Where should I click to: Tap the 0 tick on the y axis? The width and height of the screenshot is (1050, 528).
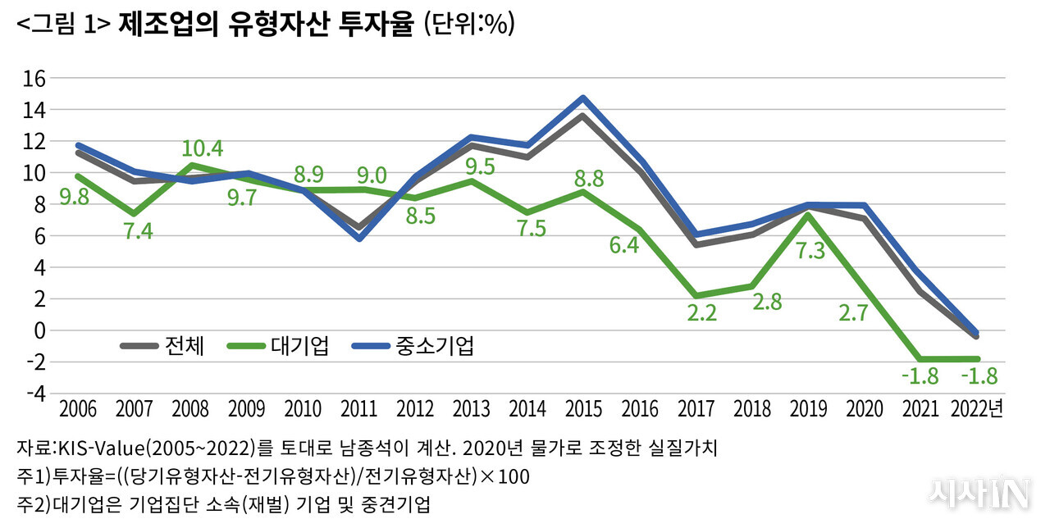37,330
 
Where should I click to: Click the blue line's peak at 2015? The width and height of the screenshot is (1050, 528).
582,98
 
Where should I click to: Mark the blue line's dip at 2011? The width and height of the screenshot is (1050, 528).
359,239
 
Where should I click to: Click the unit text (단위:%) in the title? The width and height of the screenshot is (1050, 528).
468,25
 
